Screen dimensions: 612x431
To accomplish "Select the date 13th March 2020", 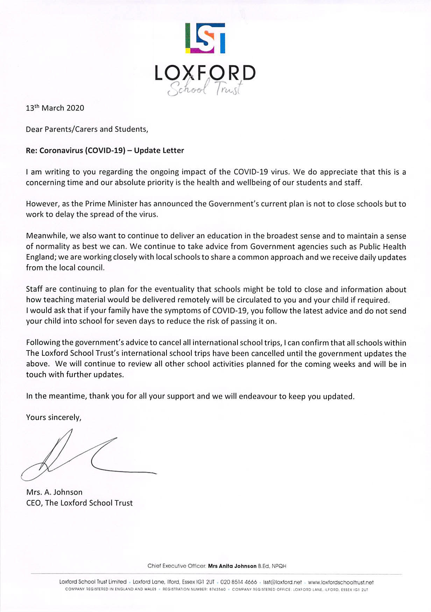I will click(55, 108).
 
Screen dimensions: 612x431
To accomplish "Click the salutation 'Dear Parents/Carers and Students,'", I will click(87, 129).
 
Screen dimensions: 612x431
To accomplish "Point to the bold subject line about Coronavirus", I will click(105, 151).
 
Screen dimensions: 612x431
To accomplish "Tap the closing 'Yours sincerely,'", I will click(54, 417).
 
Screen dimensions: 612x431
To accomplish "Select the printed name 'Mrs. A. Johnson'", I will click(54, 492).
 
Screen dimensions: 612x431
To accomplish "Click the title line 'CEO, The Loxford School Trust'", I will click(79, 503).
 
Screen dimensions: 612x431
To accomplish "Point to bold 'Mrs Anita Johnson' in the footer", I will click(232, 566).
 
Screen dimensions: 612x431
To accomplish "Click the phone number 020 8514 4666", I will click(239, 582).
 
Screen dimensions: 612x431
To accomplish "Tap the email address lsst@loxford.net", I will click(282, 582).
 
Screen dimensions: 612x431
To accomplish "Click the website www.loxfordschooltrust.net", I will click(341, 582).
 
